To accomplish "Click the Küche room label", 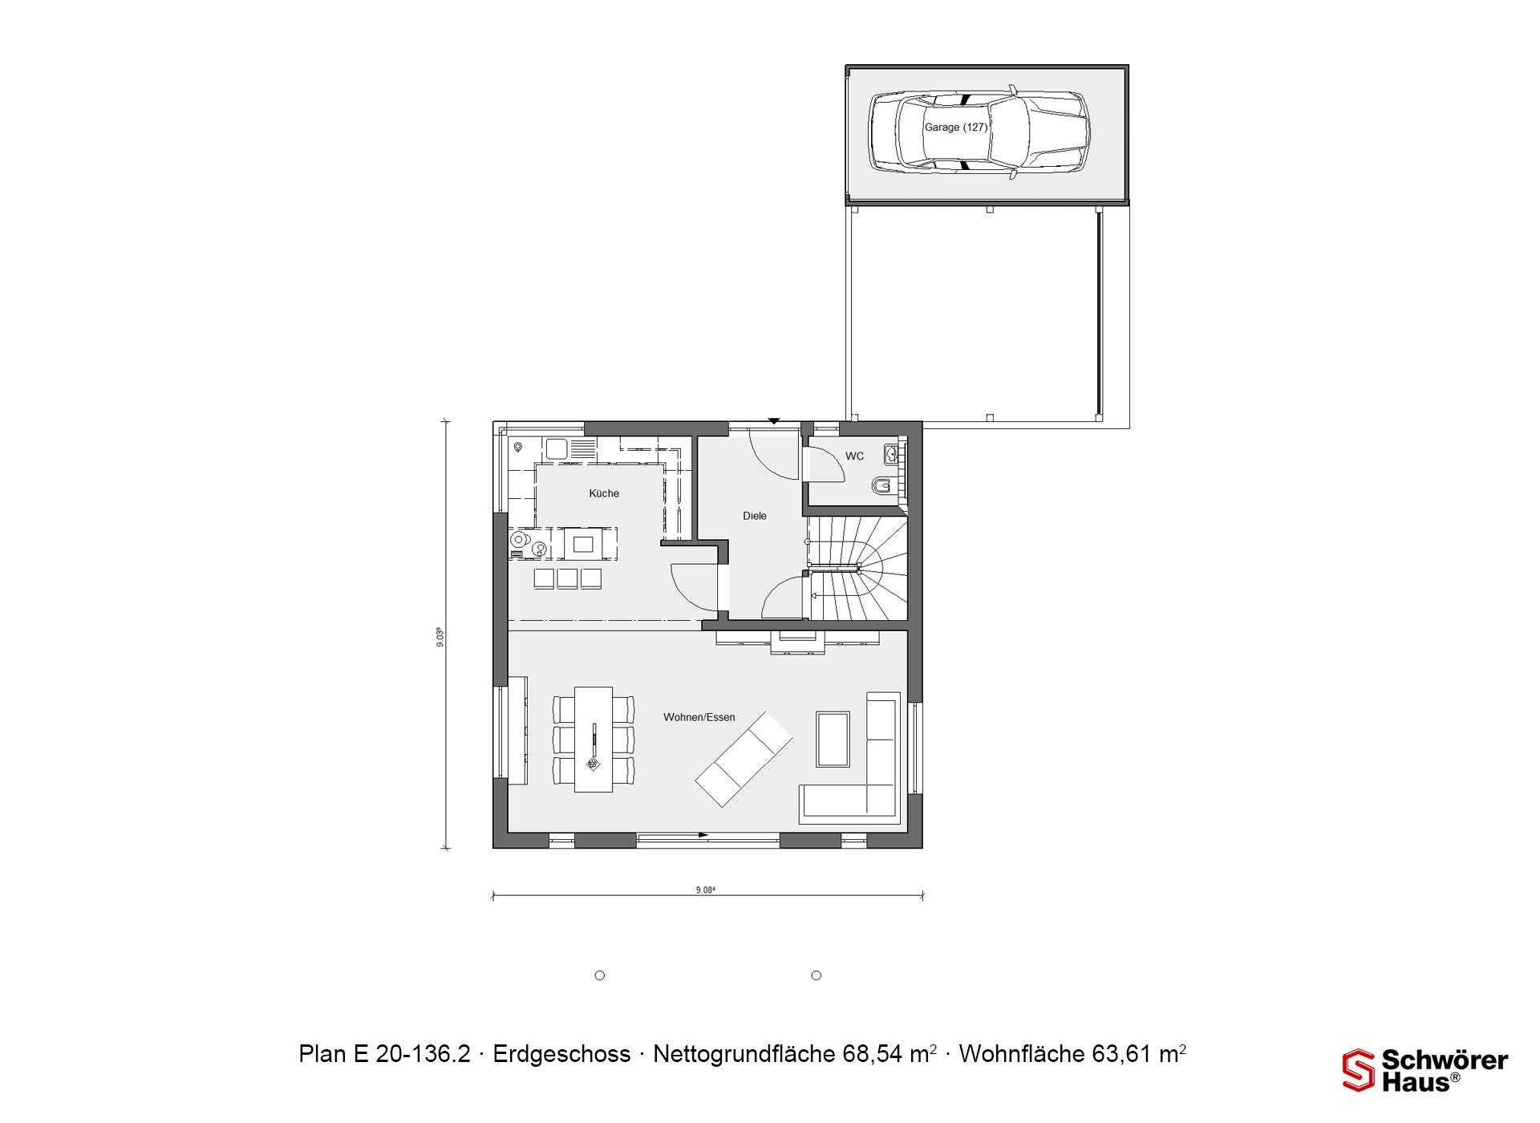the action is click(604, 493).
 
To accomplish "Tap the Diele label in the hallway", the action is click(755, 516).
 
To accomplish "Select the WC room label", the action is click(854, 456).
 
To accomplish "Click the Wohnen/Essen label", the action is click(699, 717).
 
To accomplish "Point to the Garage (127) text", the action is click(956, 128).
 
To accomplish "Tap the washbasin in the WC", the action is click(891, 455).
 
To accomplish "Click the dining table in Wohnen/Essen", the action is click(594, 739).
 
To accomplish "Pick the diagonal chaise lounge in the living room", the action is click(744, 758).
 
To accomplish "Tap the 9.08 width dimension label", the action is click(705, 890).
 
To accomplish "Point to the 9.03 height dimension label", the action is click(440, 637).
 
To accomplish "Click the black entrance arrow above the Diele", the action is click(774, 420).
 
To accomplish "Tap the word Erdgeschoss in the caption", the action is click(561, 1054).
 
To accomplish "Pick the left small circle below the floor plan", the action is click(599, 975).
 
